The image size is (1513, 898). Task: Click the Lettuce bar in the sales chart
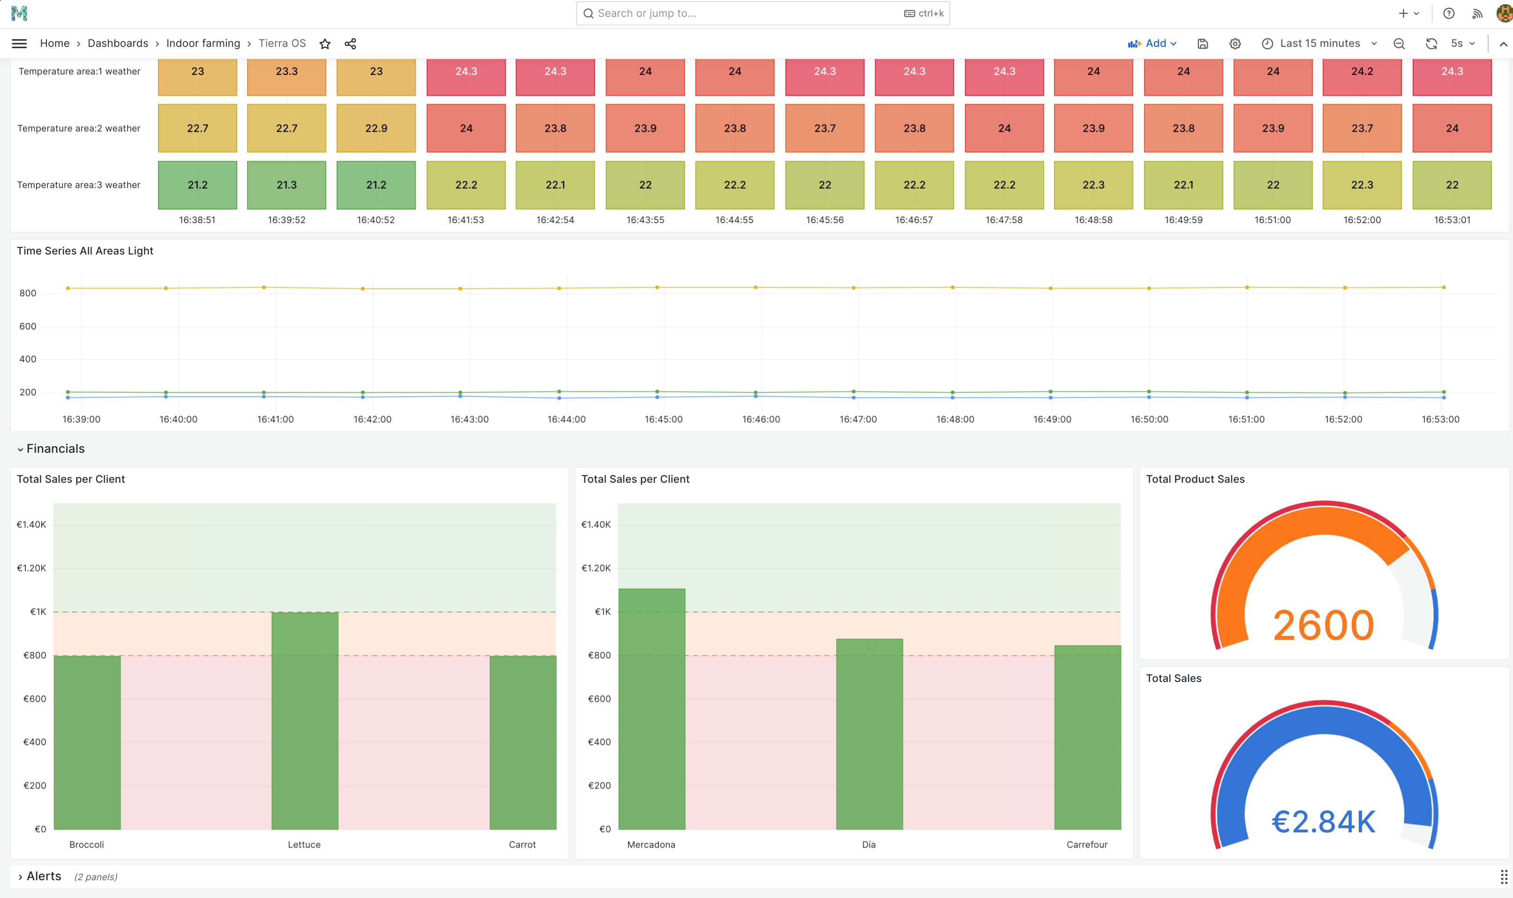click(304, 720)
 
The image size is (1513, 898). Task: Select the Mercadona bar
click(652, 708)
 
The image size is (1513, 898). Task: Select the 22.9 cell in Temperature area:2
click(376, 128)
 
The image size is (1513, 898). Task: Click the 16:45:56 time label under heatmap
click(824, 220)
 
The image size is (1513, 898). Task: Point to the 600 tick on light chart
click(28, 327)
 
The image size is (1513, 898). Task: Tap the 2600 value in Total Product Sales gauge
click(1323, 625)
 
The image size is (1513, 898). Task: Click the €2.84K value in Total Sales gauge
click(1323, 822)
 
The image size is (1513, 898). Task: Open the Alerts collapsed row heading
click(44, 876)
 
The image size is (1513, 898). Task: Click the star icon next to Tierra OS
click(325, 44)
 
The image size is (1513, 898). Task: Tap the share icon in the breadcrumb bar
click(350, 44)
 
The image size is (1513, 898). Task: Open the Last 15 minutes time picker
click(1319, 44)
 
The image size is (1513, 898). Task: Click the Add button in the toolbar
click(1152, 44)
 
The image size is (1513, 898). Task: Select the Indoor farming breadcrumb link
click(203, 44)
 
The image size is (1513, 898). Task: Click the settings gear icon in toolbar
click(1235, 44)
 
